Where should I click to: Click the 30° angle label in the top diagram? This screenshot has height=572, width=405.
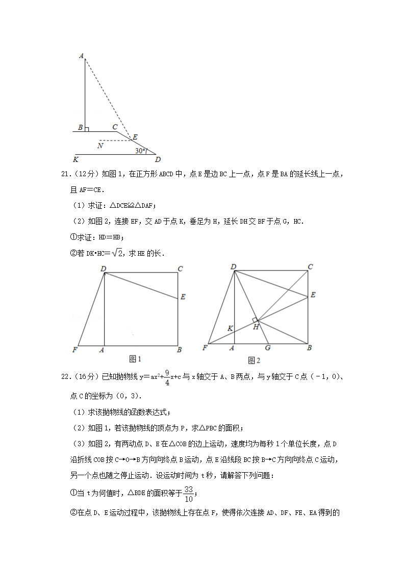[x=140, y=151]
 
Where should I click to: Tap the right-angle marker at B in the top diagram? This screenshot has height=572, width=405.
[x=87, y=129]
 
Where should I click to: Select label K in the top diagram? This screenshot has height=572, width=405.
[x=76, y=159]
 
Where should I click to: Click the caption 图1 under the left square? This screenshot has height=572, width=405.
[x=135, y=360]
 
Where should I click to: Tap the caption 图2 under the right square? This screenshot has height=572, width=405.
[x=254, y=361]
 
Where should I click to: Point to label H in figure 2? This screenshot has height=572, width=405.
[x=256, y=327]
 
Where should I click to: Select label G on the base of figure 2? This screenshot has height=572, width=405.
[x=267, y=348]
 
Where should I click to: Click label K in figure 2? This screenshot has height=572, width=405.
[x=230, y=329]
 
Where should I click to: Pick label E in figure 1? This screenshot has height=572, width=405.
[x=183, y=297]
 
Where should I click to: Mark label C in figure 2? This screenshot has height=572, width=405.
[x=310, y=266]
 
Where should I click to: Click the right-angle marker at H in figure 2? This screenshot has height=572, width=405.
[x=255, y=320]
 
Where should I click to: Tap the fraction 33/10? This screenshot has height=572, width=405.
[x=189, y=493]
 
